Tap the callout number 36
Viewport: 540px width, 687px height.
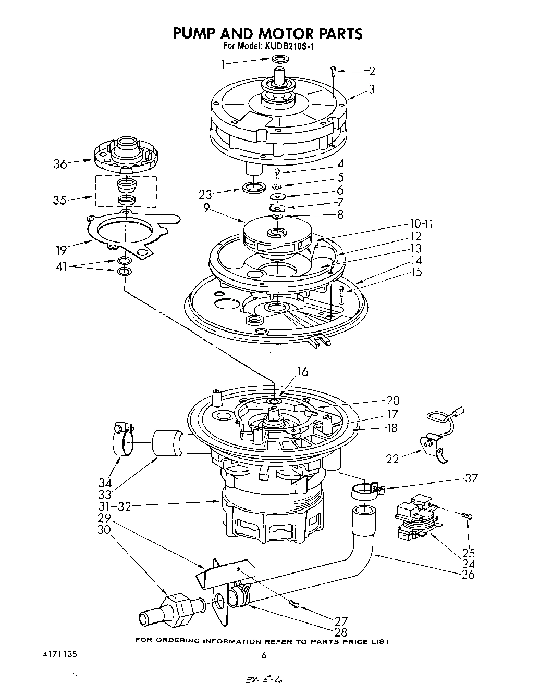[x=60, y=164]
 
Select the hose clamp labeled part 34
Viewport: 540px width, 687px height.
[x=123, y=439]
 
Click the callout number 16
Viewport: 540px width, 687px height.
[x=302, y=372]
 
